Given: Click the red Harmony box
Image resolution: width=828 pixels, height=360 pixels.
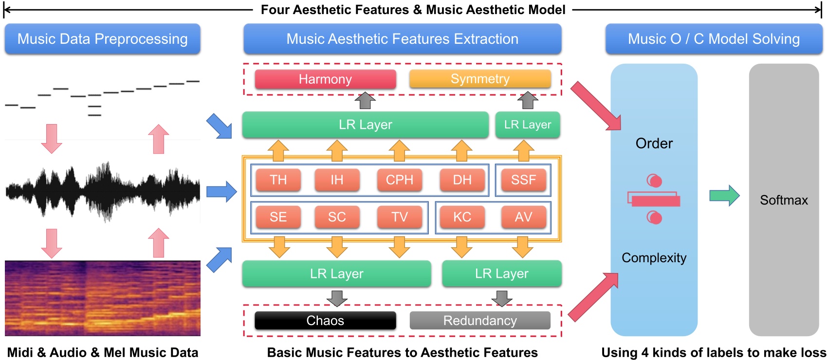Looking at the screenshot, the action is pos(325,79).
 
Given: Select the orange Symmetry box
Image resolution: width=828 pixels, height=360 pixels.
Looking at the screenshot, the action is pos(480,79).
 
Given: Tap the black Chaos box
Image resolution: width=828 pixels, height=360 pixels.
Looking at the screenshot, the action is pos(325,321).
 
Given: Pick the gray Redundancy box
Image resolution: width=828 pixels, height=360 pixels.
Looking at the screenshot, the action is pos(480,321).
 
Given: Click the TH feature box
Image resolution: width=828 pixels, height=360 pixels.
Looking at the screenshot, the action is pos(278,180).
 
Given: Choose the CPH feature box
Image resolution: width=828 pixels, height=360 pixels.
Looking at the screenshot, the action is pos(400,180).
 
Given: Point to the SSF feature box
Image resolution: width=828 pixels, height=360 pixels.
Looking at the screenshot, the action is pos(523,180).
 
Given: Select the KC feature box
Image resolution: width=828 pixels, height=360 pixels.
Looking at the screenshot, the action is pos(462,217).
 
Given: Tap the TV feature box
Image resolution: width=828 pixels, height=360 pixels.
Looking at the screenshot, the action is pos(400,217).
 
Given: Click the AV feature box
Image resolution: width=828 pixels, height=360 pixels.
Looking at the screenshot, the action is pos(523,217).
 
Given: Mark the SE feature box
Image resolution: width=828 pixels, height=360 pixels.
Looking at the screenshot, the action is pos(278,217).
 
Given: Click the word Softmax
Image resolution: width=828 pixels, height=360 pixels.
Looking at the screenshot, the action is pos(784,200).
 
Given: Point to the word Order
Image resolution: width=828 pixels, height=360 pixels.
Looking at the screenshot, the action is pos(654,144).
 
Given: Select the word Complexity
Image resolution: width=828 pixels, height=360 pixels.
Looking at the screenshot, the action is pos(654,258).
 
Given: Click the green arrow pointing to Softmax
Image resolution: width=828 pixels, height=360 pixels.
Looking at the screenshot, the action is pos(724,196).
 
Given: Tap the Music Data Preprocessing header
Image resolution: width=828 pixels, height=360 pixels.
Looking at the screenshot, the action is pos(102,39).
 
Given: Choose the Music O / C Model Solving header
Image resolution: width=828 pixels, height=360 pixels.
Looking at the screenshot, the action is pos(714,39).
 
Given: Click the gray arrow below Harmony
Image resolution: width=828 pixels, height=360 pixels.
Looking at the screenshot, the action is pos(365,100).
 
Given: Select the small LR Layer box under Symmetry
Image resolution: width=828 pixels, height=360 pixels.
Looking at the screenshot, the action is pos(528,125).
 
